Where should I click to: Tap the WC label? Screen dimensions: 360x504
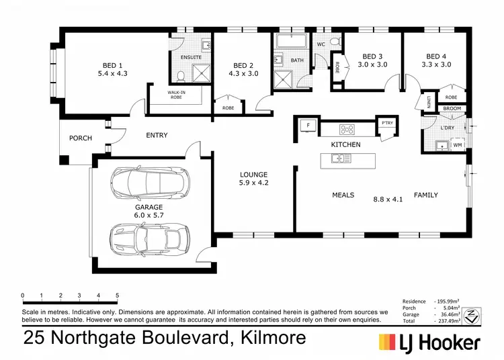321,44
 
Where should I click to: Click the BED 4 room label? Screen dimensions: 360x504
436,56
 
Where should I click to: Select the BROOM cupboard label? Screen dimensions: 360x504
452,108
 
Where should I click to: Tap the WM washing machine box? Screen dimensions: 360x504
458,144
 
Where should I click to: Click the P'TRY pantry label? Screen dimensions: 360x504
386,123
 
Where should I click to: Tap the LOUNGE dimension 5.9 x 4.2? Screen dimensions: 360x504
253,182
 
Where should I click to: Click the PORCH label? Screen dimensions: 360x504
81,138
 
